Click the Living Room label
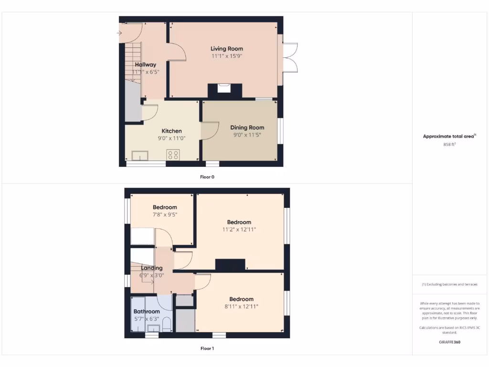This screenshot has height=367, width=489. coord(227,49)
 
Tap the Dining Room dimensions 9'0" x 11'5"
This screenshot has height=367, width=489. coord(247,135)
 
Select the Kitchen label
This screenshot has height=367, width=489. coord(171,131)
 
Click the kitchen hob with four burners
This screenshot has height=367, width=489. coord(173,155)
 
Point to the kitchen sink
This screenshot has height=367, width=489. coord(140,155)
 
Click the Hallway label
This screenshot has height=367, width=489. coord(145,65)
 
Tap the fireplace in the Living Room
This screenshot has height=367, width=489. coord(224,88)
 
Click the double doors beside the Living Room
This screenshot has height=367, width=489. coord(291,58)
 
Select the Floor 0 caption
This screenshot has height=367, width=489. coord(207,177)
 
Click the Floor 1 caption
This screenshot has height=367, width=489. coord(207,348)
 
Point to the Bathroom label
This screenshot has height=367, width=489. coord(147,312)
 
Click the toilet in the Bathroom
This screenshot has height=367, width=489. coord(167,325)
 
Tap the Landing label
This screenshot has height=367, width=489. coord(151,268)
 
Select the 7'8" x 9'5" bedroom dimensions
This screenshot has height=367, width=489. coord(165,215)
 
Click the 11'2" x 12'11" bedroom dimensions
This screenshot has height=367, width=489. coord(239,229)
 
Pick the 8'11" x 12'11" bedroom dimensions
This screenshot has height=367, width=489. coord(241,306)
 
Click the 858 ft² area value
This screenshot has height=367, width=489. coord(449,144)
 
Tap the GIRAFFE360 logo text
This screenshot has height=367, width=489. coord(449,342)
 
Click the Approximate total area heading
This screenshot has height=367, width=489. coord(449,136)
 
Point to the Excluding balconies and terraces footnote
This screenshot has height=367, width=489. coord(449,284)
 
